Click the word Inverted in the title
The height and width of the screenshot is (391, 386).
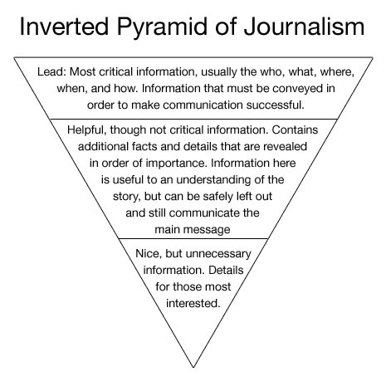click(64, 27)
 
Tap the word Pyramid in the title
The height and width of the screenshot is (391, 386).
click(162, 28)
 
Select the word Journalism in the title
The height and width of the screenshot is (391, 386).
click(304, 27)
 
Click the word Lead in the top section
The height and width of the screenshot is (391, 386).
click(51, 72)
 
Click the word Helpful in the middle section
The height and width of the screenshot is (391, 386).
click(87, 130)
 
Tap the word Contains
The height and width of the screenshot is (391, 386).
click(295, 130)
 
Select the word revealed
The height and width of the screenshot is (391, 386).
click(285, 146)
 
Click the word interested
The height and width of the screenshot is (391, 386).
click(193, 303)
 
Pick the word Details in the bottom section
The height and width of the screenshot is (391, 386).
click(226, 270)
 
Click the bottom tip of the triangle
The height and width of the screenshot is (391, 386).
click(193, 367)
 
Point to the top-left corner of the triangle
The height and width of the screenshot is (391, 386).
click(14, 57)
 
